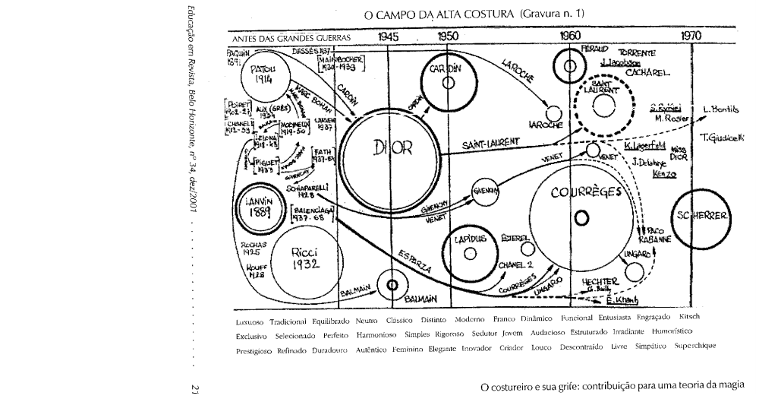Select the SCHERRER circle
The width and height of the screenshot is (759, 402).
pyautogui.click(x=700, y=215)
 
